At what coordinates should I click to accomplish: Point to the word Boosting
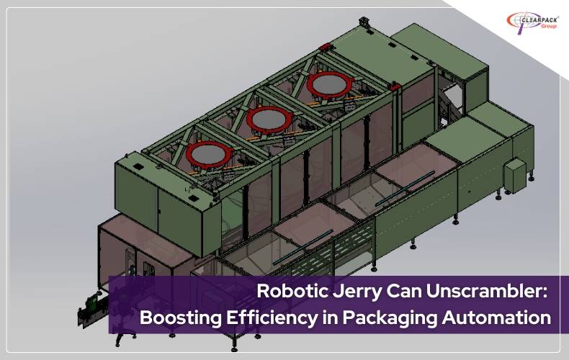(x=180, y=318)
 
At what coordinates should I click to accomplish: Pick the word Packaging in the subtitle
(x=390, y=318)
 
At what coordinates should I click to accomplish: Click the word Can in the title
(x=403, y=291)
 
